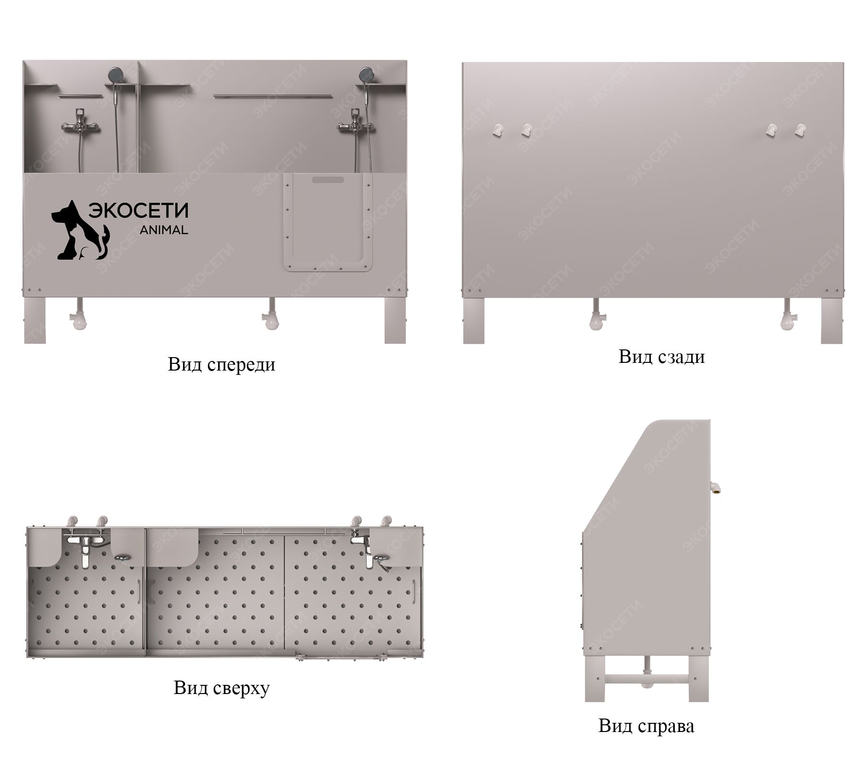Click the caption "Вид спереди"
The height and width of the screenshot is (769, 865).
point(222,365)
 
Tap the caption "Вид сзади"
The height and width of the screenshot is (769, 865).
point(662,357)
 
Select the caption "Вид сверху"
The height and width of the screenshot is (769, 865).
point(222,688)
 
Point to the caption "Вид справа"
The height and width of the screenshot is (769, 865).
point(646,726)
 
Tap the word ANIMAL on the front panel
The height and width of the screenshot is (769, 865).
point(163,230)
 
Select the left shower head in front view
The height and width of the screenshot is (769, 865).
point(115,74)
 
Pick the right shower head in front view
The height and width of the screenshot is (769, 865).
point(366,74)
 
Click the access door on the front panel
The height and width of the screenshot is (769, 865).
point(327,222)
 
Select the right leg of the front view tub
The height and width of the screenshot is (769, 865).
point(395,320)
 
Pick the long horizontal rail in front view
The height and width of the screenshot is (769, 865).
point(273,97)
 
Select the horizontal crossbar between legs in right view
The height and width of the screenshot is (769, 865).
point(646,679)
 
